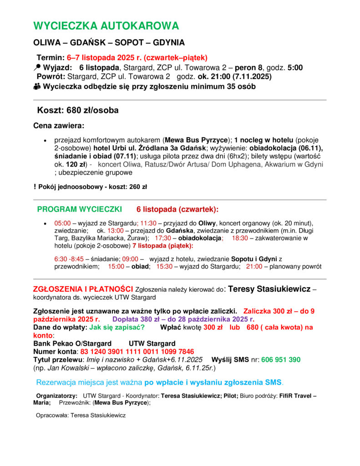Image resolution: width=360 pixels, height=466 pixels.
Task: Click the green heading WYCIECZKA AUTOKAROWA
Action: coord(106,26)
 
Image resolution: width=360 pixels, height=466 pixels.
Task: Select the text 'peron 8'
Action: coord(248,67)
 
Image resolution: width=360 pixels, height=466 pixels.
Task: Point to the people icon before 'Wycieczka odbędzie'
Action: coord(37,86)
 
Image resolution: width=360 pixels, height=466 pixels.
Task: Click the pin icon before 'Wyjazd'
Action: coord(37,67)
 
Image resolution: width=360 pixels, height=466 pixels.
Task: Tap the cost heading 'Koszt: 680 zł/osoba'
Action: coord(78,110)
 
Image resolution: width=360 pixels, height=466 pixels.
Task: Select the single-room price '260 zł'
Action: coord(138,187)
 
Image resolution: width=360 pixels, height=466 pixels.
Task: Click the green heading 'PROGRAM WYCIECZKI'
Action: coord(79,209)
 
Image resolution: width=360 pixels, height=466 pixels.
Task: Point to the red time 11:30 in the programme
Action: coord(148,223)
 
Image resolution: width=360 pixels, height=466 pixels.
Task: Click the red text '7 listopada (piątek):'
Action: coord(162,246)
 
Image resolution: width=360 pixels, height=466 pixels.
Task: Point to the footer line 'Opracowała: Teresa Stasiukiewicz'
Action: coord(81,415)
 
